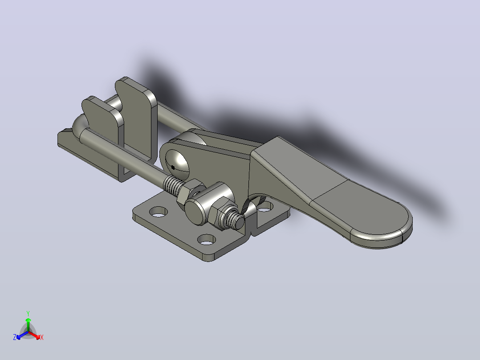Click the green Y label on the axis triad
point(28,313)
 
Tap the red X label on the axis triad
point(42,337)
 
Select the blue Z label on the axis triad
point(15,337)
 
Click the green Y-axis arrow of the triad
point(28,324)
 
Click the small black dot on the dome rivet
point(173,167)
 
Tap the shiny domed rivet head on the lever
point(178,165)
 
